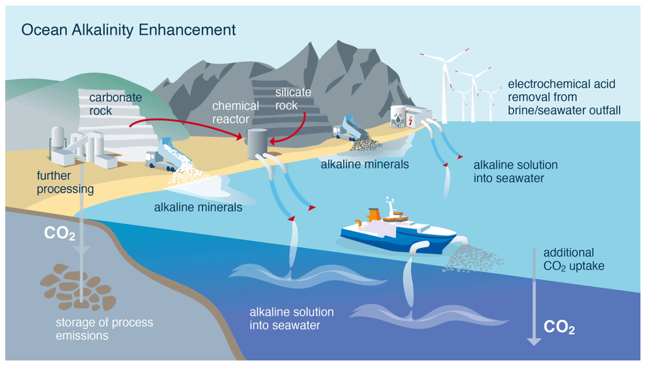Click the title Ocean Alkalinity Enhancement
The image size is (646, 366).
coord(129,30)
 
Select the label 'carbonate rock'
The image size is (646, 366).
coord(115,104)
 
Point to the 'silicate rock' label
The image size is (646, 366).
coord(293,99)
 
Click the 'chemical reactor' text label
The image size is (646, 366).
coord(235,112)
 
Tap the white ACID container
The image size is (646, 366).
coord(398,117)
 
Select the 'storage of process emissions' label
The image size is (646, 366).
coord(103,329)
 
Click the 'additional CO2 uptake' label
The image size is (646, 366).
coord(573,259)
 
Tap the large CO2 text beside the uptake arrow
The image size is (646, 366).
coord(559,328)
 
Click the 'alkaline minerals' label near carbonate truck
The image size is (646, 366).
coord(198,207)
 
